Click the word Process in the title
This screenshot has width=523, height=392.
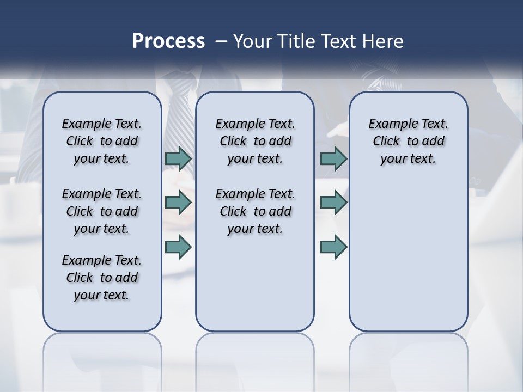click(168, 41)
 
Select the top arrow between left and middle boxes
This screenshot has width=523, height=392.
click(178, 159)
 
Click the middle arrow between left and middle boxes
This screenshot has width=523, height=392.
click(178, 203)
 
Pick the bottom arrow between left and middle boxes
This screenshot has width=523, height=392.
click(178, 247)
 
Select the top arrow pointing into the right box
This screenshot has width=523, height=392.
click(333, 159)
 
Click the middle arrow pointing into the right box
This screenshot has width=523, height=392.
click(333, 203)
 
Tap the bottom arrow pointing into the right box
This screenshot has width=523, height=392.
click(333, 247)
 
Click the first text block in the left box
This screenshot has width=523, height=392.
click(102, 141)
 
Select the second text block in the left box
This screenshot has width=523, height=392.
click(102, 211)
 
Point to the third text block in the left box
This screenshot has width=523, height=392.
click(102, 278)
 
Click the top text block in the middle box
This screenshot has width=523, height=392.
click(255, 141)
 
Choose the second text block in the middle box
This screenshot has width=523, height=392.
click(255, 211)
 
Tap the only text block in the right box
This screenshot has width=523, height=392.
click(408, 141)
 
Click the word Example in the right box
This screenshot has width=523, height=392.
click(388, 124)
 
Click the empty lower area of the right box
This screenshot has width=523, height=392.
click(408, 261)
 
